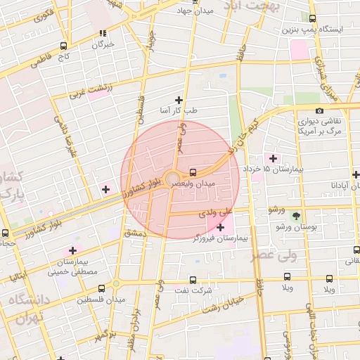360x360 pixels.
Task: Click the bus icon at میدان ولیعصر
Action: (193, 172)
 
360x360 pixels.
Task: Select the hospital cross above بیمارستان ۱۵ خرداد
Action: (273, 158)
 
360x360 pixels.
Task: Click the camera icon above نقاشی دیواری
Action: (320, 110)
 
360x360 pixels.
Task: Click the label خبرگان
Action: (103, 44)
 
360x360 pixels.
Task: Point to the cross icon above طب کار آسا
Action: (179, 100)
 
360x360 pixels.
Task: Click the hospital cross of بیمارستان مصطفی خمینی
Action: (72, 250)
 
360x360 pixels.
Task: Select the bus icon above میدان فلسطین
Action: (102, 288)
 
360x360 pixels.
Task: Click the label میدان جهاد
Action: (194, 11)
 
